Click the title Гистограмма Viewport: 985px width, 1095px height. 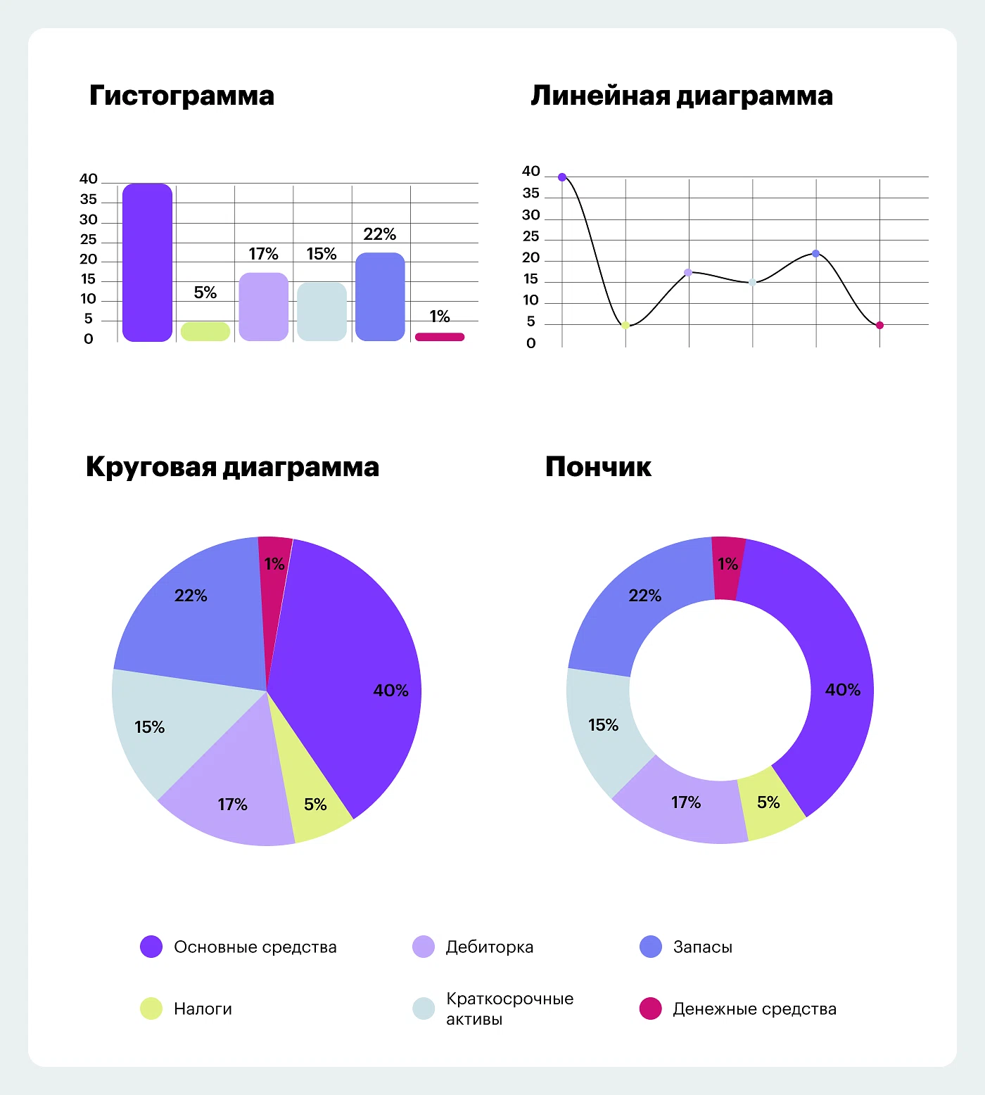182,96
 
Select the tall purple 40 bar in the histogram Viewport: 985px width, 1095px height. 147,262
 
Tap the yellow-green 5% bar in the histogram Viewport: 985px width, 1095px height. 205,331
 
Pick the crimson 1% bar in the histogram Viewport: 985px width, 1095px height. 440,337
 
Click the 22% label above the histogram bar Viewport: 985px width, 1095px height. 380,234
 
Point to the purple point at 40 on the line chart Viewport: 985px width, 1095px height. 562,177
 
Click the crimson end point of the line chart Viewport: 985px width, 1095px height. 879,325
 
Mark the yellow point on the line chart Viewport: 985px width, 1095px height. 625,325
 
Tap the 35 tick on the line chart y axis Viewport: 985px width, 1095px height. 531,193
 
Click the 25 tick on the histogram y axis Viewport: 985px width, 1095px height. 89,240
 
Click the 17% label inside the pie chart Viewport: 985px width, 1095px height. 232,805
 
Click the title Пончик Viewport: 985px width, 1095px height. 598,467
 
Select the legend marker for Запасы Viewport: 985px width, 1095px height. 651,947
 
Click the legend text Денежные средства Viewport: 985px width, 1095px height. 754,1009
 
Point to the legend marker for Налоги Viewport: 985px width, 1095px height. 151,1008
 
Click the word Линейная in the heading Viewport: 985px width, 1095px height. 600,96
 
